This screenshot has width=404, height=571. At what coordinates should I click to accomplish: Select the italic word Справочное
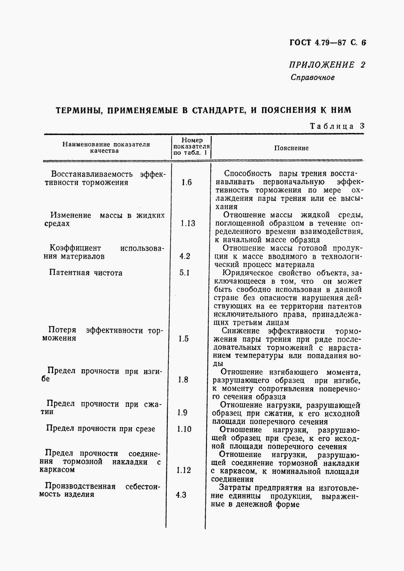[x=312, y=78]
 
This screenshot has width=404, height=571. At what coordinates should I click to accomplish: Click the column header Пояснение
[x=291, y=148]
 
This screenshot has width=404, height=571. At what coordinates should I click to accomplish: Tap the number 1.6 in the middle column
[x=187, y=183]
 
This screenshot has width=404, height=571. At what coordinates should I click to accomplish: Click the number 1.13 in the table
[x=188, y=223]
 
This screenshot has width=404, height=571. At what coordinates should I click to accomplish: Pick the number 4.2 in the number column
[x=184, y=256]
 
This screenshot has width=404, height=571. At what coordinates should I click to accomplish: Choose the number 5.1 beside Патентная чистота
[x=184, y=273]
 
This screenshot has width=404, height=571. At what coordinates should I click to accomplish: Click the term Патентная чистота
[x=86, y=273]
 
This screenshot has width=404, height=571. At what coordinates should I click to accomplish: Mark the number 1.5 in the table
[x=183, y=339]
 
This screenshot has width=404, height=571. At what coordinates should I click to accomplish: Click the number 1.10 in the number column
[x=184, y=429]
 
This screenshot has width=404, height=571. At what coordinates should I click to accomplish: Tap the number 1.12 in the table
[x=184, y=470]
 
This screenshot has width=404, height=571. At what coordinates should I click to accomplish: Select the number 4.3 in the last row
[x=181, y=495]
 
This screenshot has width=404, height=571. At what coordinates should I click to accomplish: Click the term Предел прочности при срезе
[x=101, y=429]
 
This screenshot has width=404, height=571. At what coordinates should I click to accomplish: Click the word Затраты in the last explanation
[x=233, y=488]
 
